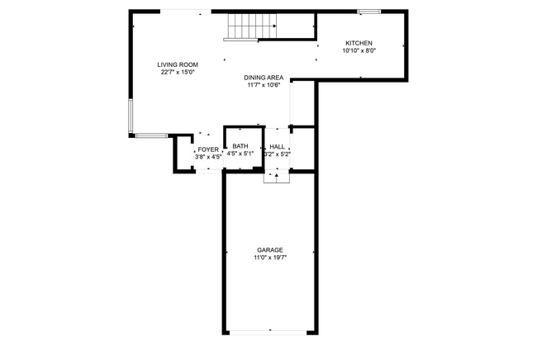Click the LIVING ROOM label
(x=178, y=64)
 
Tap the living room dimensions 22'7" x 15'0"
(x=178, y=72)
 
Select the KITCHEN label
(x=359, y=43)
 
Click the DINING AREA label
(x=264, y=78)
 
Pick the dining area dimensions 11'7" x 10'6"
(x=264, y=85)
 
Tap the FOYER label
(x=208, y=149)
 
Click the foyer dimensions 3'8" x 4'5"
(x=208, y=157)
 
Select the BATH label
(x=240, y=146)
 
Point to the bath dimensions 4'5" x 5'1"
(x=240, y=154)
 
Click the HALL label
(x=277, y=147)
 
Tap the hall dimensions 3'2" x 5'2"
(x=278, y=154)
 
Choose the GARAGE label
(x=270, y=250)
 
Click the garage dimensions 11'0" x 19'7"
(x=270, y=258)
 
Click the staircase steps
(x=253, y=26)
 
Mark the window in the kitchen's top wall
(x=369, y=12)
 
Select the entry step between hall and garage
(x=277, y=178)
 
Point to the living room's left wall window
(x=131, y=116)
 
